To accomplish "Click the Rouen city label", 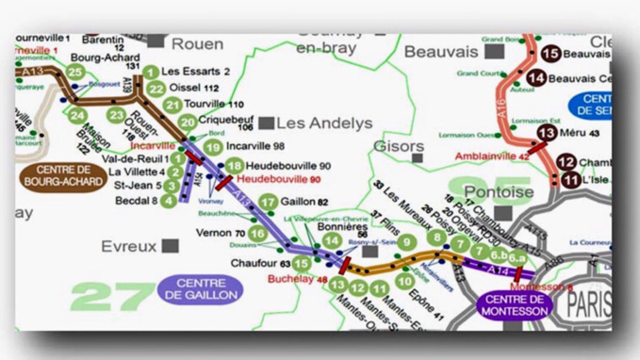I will coord(198,43).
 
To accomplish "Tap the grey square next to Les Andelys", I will coord(267,123).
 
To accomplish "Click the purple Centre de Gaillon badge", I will coord(198,289).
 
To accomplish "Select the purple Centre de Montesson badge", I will coord(514,304).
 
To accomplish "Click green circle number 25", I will coord(75,72).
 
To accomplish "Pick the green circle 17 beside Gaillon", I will coord(269,202).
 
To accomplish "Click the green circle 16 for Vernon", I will coord(256,233).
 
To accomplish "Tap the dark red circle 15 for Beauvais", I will coord(551,55).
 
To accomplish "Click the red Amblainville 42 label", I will coord(491,155).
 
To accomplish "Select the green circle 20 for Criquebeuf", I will coord(188,122).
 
